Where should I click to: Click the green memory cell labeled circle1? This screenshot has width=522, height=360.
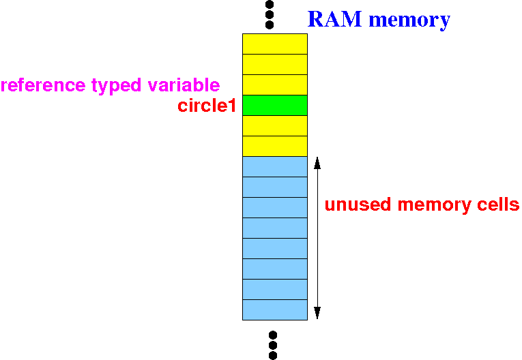[274, 106]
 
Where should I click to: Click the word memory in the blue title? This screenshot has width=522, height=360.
[409, 19]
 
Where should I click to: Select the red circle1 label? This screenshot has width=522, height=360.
[206, 106]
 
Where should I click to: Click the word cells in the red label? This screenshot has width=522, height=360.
[496, 205]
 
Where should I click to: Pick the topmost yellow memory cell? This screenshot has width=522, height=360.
[274, 44]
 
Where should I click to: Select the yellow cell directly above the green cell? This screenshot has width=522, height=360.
[274, 85]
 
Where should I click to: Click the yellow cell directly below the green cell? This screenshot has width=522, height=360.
[274, 126]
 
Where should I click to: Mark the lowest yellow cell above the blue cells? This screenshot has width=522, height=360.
[274, 146]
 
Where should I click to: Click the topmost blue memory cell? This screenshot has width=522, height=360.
[274, 167]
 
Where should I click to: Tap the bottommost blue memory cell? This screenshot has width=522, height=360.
[274, 310]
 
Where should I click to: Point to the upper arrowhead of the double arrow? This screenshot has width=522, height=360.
[317, 164]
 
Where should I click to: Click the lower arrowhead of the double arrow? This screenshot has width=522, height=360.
[317, 313]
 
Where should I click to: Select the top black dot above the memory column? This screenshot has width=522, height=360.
[270, 3]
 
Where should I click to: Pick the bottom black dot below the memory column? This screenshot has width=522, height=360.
[273, 355]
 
